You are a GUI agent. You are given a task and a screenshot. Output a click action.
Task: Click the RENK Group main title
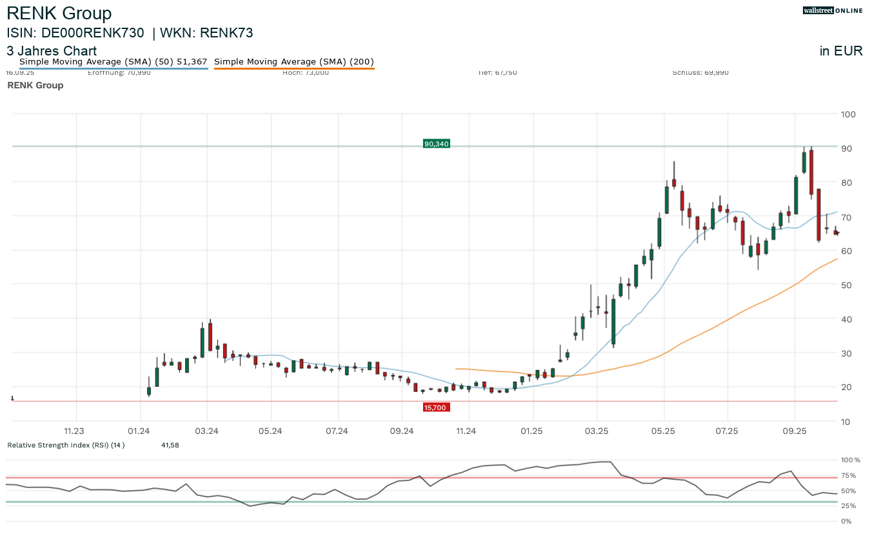(59, 14)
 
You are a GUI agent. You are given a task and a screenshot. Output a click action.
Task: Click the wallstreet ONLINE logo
(833, 10)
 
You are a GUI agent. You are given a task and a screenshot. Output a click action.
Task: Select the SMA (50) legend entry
(114, 62)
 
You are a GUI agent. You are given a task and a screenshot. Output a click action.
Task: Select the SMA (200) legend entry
(293, 62)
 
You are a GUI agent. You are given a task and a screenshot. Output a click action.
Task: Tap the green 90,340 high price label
(436, 144)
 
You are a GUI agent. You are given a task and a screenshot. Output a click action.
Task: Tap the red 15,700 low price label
(436, 407)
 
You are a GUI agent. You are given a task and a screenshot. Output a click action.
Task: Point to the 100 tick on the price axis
(848, 114)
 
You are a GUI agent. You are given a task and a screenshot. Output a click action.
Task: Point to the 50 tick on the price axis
(845, 285)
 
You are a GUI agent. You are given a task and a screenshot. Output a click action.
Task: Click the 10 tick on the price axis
(845, 422)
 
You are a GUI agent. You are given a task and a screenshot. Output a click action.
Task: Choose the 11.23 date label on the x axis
(75, 431)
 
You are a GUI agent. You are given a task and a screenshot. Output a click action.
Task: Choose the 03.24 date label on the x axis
(206, 431)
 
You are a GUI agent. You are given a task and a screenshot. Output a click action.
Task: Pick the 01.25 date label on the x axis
(532, 431)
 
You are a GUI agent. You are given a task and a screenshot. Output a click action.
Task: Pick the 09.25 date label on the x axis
(794, 431)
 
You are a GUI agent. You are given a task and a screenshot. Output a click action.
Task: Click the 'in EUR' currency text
(841, 52)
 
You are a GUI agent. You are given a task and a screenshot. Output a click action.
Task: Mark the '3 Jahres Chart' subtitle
(52, 51)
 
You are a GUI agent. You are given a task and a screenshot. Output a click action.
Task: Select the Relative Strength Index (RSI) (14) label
(66, 445)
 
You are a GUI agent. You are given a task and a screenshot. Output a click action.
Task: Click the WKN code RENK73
(231, 33)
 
